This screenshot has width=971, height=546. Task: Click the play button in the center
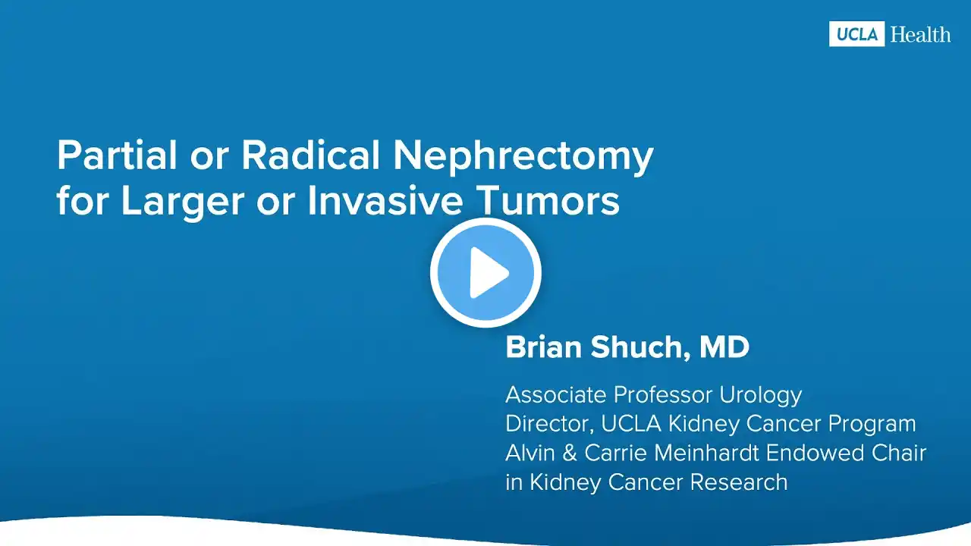[485, 272]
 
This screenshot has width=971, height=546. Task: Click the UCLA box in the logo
[856, 34]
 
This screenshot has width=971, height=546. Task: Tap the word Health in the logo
[921, 34]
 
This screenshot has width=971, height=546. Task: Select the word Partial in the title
[117, 155]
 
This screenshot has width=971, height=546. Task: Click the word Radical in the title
[310, 155]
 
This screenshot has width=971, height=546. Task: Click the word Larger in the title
[183, 202]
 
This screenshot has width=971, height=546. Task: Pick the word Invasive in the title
[385, 201]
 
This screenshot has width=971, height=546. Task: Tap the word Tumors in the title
[550, 201]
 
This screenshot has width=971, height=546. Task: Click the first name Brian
[544, 347]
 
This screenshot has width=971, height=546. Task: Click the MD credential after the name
[724, 347]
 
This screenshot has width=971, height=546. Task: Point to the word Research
[739, 482]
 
